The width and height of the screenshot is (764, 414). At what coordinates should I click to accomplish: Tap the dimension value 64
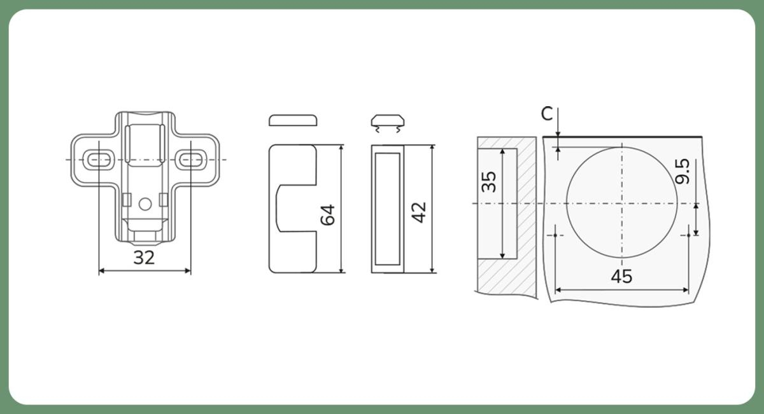328,215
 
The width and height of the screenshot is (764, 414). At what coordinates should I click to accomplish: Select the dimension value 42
419,212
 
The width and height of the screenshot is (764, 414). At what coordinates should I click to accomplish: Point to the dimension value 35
489,182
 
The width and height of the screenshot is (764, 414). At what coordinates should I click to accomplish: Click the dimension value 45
621,277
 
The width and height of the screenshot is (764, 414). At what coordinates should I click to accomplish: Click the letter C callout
547,113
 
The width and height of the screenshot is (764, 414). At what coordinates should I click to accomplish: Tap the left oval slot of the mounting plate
99,160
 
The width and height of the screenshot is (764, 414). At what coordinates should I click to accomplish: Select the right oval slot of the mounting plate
191,160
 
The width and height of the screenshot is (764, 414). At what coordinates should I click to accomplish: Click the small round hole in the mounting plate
145,204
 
